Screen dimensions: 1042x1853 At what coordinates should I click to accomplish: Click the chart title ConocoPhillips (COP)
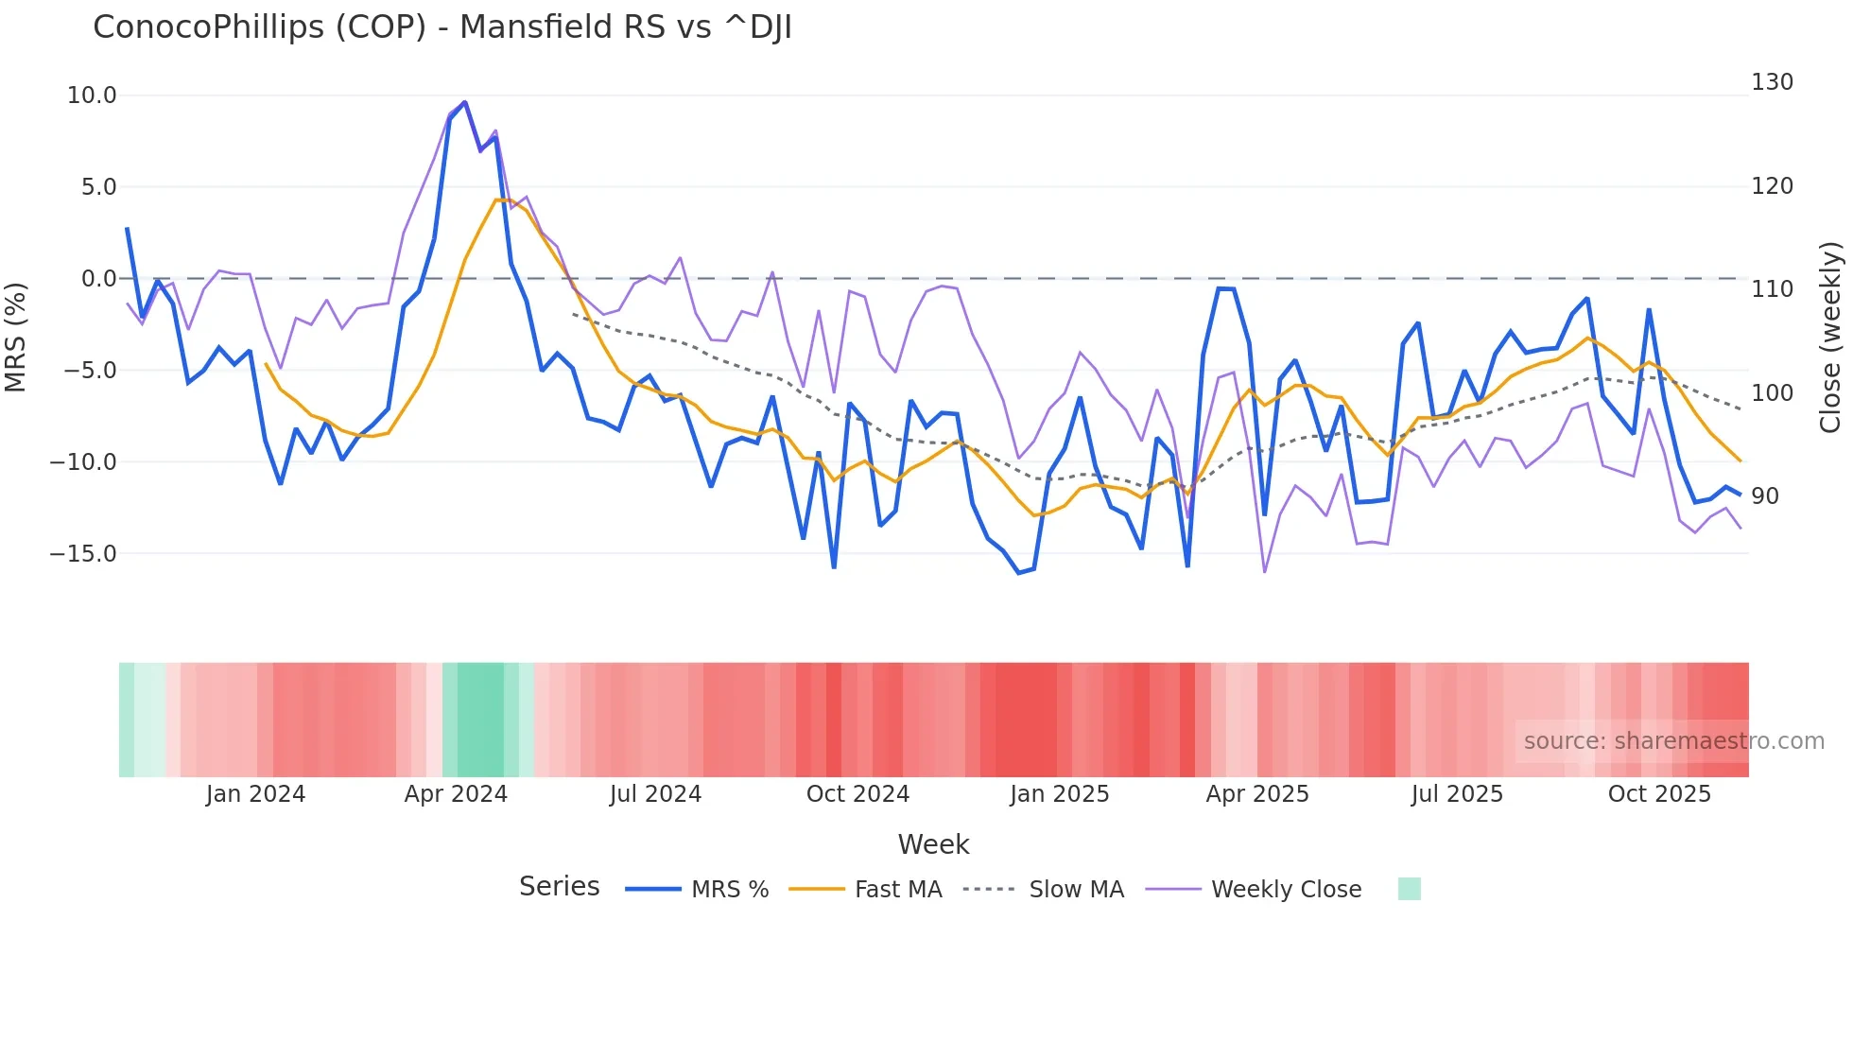442,27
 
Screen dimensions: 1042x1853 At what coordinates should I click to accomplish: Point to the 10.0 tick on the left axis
92,96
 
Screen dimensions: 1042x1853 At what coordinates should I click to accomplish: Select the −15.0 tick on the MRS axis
83,554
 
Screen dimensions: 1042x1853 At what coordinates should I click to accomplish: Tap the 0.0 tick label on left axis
98,279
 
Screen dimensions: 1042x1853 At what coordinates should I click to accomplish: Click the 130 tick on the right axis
1772,82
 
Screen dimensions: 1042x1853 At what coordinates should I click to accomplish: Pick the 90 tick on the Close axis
1765,496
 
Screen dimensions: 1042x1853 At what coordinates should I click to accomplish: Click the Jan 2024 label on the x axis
255,794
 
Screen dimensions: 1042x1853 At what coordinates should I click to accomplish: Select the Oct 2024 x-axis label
857,794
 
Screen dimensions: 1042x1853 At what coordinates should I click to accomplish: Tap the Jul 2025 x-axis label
1457,794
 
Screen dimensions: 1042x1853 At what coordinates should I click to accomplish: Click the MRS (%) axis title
16,337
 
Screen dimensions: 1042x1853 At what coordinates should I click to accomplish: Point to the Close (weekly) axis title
1831,337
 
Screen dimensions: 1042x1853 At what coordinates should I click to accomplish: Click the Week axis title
933,844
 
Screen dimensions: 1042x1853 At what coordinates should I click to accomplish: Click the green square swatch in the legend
1409,889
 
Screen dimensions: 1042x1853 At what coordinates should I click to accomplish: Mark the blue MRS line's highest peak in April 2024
464,102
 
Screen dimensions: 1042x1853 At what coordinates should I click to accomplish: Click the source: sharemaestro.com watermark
1673,741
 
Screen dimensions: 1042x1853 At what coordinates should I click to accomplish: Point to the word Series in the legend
559,887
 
